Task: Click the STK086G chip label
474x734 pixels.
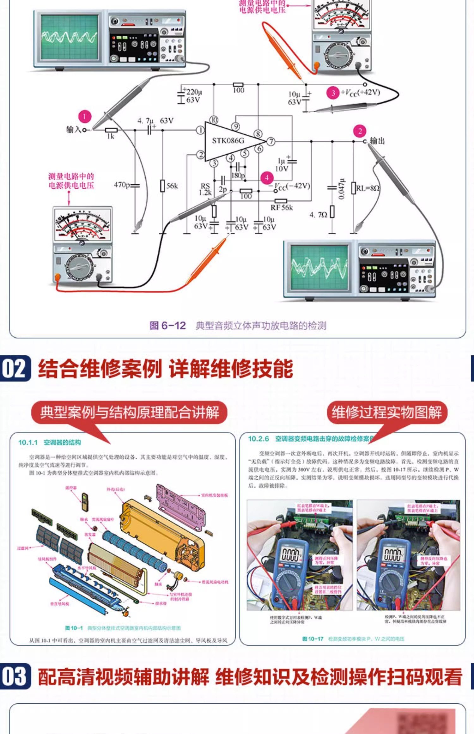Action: point(228,141)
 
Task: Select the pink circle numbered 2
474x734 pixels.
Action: point(360,131)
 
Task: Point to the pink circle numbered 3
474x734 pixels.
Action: point(333,93)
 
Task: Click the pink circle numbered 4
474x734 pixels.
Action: point(267,178)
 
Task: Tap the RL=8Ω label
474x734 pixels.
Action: point(368,188)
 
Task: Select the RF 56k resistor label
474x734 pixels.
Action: point(281,207)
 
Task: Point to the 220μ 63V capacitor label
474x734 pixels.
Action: point(194,96)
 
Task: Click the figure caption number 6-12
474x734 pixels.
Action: point(173,325)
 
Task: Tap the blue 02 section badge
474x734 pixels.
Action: point(15,369)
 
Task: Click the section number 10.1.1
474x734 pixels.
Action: point(28,443)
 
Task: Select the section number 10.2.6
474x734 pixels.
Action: point(258,439)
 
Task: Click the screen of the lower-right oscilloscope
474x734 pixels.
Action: point(319,267)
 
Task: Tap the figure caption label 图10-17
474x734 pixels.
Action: point(313,639)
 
